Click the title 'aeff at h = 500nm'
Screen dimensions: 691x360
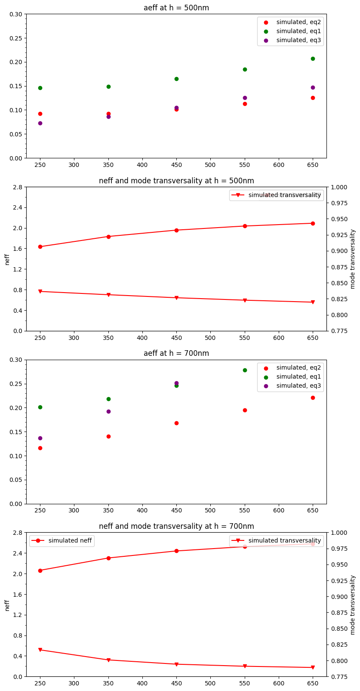[176, 8]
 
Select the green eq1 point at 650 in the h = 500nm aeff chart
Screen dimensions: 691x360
[313, 59]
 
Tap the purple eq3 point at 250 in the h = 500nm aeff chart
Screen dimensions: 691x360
[40, 123]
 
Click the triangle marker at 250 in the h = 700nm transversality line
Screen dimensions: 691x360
[40, 650]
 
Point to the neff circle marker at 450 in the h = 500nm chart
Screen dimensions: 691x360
[176, 230]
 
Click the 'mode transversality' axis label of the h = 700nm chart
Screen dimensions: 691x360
[353, 605]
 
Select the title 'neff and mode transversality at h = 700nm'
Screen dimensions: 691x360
[176, 526]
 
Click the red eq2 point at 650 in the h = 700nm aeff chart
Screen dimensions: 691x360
[313, 398]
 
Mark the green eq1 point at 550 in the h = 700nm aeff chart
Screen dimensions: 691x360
[245, 370]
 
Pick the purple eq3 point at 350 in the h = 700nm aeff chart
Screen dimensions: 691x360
[108, 411]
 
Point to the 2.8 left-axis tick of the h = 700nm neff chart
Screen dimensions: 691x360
[18, 533]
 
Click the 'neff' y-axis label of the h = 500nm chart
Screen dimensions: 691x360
[7, 259]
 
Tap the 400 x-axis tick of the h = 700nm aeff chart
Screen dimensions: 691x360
[142, 510]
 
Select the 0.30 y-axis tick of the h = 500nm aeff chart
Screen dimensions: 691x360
[16, 14]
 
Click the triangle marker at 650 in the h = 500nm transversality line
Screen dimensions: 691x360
[313, 302]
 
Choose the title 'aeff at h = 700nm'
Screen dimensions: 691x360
[176, 353]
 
